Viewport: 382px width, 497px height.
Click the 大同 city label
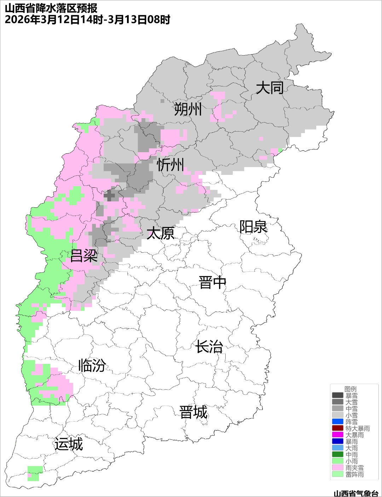point(270,87)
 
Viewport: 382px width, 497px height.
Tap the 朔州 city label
point(188,109)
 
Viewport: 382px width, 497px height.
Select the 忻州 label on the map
point(170,165)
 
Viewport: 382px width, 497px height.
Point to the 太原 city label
point(161,233)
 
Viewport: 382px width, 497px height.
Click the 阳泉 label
point(253,227)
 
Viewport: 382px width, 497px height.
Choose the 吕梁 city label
point(84,256)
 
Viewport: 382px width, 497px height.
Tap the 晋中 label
point(212,283)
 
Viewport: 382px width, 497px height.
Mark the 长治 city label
point(209,347)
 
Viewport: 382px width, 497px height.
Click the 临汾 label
point(92,365)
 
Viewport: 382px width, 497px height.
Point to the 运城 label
point(69,444)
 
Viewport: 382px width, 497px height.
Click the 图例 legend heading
point(351,389)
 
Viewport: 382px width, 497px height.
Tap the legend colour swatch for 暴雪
point(337,395)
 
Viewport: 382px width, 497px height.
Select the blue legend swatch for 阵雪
point(337,422)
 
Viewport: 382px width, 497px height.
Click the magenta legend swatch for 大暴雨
point(337,435)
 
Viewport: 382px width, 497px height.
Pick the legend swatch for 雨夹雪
point(337,468)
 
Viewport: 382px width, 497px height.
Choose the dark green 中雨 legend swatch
point(337,455)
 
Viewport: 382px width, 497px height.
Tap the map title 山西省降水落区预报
point(51,8)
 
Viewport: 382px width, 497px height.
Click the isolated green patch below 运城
point(35,473)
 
